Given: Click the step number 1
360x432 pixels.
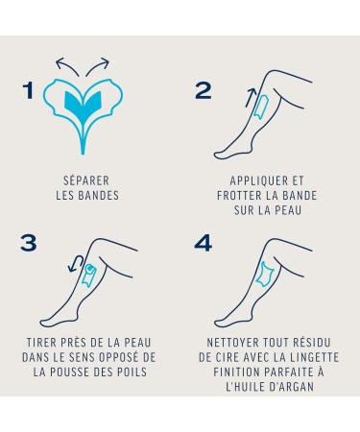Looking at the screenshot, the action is [x=29, y=90].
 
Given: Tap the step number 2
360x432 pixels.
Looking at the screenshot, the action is [x=204, y=90].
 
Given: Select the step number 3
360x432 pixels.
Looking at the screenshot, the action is [x=29, y=243].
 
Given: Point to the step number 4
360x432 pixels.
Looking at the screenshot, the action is [x=204, y=243].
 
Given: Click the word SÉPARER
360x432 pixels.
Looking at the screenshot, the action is [x=86, y=180].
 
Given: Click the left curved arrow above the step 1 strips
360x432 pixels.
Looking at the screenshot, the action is [x=66, y=65].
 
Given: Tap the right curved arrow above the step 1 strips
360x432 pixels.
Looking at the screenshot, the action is [x=98, y=65].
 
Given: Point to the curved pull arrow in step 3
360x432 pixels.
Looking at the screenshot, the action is [x=77, y=263].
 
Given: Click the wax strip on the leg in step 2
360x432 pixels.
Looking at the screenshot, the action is [x=262, y=107].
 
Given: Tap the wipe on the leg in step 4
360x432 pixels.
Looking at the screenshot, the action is [x=265, y=275].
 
